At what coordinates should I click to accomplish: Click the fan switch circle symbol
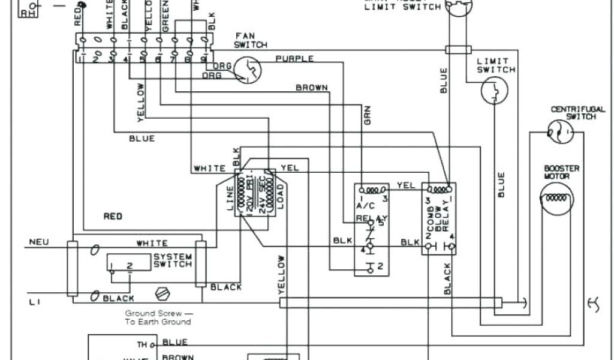[x=248, y=69]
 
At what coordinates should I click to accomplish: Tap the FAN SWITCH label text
[x=246, y=40]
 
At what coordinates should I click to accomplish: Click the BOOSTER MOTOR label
[x=562, y=173]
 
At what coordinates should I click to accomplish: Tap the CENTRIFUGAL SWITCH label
[x=573, y=113]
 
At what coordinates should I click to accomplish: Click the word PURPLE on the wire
[x=294, y=59]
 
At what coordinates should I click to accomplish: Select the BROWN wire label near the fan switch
[x=312, y=88]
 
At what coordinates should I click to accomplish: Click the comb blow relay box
[x=438, y=219]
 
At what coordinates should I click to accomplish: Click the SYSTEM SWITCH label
[x=173, y=260]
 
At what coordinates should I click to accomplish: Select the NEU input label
[x=38, y=244]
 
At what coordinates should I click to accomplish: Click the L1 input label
[x=34, y=304]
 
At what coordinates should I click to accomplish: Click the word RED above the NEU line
[x=113, y=217]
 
